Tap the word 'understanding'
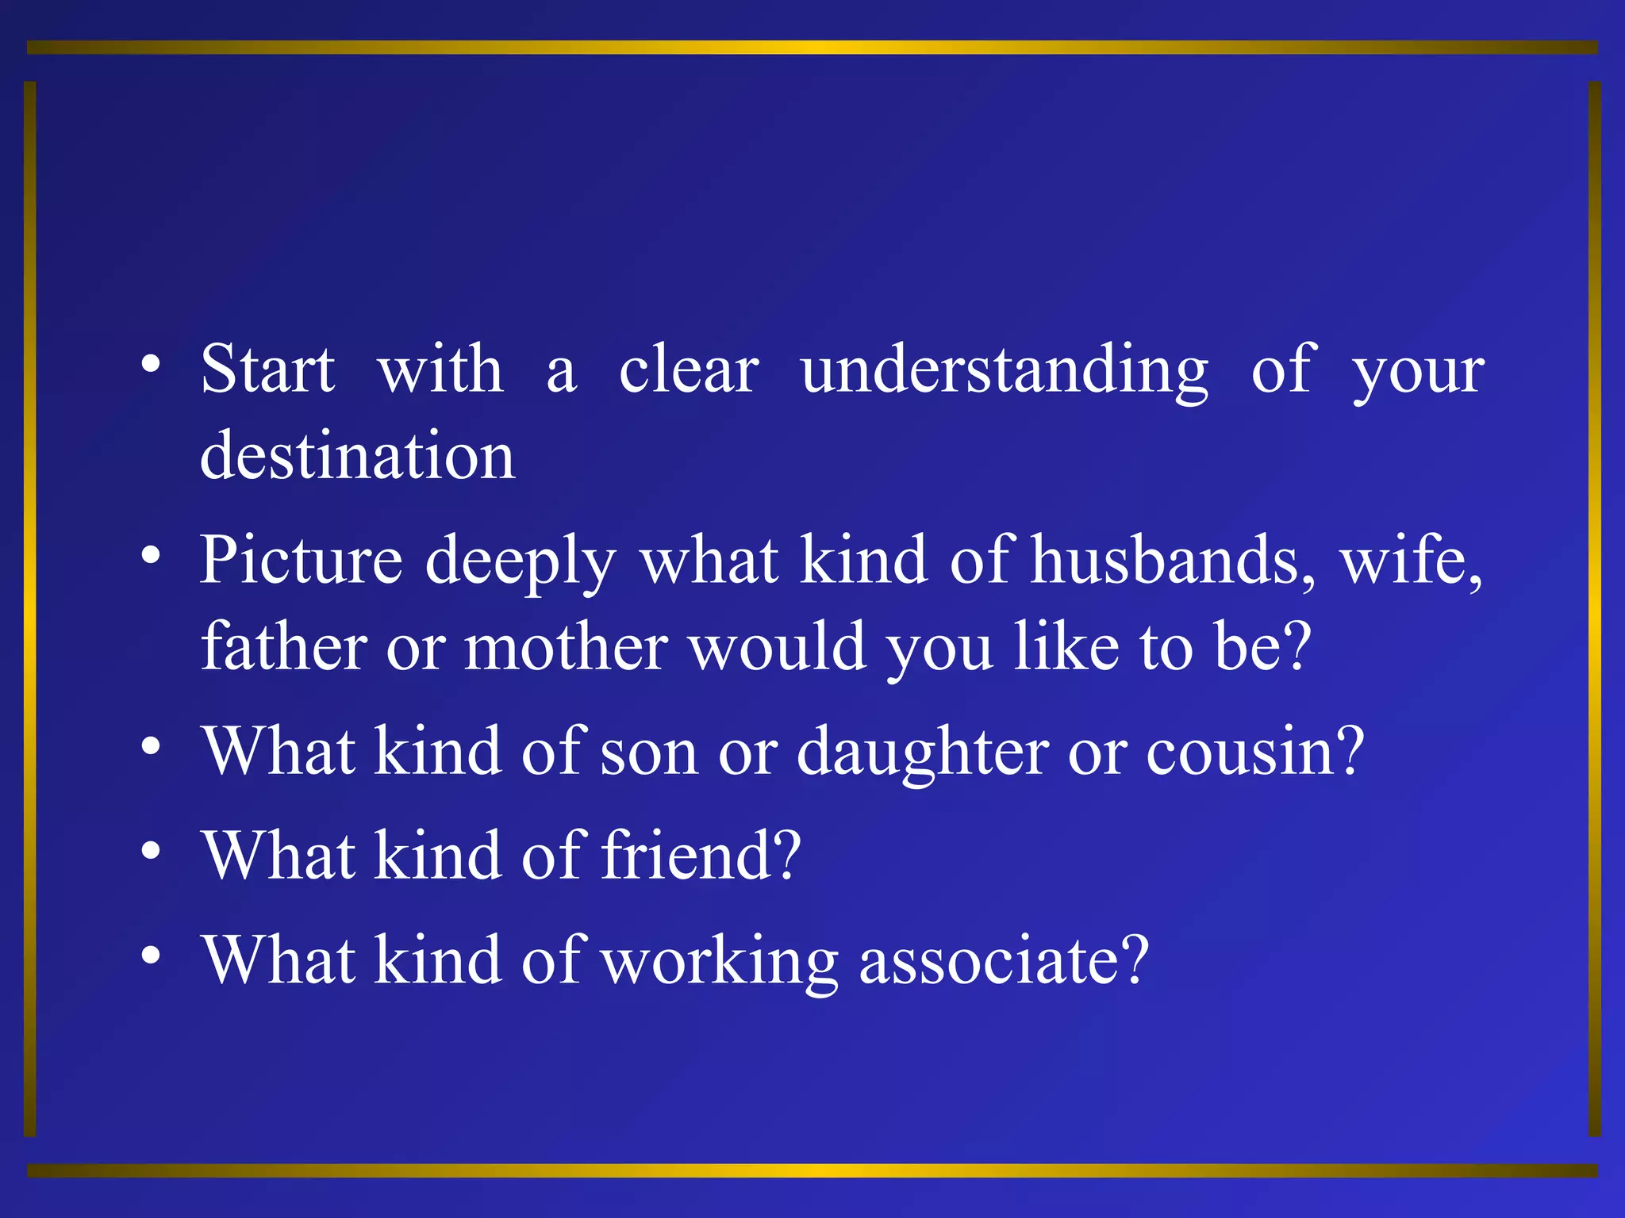coord(1005,371)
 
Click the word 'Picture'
coord(301,561)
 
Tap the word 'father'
coord(283,647)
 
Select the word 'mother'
coord(567,647)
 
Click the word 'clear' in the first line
coord(689,370)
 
